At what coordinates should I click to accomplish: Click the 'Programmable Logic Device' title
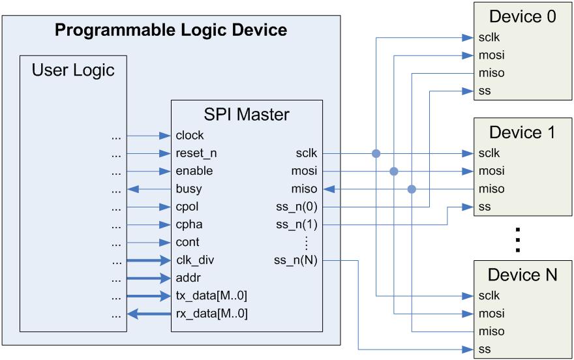170,30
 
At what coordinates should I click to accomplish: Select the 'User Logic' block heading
73,70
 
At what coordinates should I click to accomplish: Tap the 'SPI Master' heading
247,115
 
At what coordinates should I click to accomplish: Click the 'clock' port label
190,136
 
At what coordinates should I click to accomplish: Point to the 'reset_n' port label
195,154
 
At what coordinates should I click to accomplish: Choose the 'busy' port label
189,189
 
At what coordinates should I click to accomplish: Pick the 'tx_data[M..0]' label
211,296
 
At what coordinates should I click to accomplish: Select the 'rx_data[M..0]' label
211,314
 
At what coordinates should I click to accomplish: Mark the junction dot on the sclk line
376,154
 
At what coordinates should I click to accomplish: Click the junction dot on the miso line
412,189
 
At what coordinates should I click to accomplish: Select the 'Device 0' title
523,17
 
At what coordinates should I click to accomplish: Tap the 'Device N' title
523,275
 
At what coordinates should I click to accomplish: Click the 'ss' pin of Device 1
484,207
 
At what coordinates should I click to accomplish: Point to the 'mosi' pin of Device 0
491,55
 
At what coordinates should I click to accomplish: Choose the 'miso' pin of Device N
491,331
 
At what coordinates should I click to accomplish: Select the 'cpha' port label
188,225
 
